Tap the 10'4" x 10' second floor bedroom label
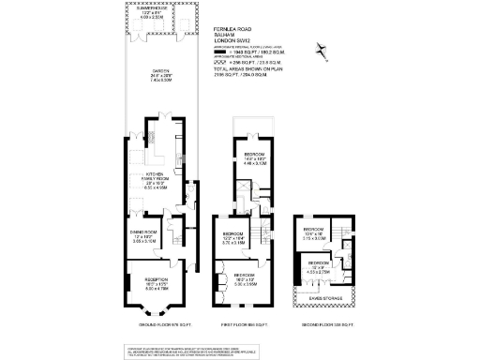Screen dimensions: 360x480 (313, 234)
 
